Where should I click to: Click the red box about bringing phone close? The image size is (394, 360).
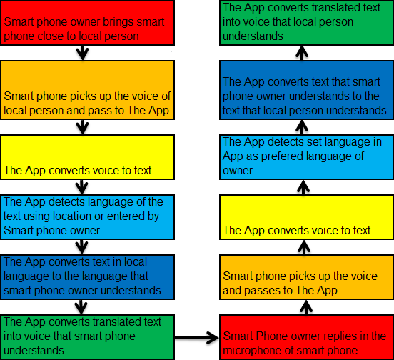coord(88,23)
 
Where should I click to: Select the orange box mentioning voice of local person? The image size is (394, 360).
coord(88,90)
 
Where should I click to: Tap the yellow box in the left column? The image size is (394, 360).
coord(88,157)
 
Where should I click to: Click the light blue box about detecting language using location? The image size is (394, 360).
coord(88,217)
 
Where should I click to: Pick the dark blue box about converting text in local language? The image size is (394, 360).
coord(88,277)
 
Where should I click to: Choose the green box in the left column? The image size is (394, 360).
coord(88,337)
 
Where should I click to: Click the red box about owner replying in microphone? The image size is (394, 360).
coord(306,337)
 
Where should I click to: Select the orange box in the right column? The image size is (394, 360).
coord(306,277)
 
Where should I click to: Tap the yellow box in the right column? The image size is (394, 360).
coord(306,217)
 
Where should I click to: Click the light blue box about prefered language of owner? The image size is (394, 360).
coord(306,157)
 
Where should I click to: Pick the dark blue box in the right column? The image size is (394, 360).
coord(306,90)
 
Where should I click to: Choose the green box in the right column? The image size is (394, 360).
coord(306,23)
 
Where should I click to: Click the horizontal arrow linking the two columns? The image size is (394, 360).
coord(197,338)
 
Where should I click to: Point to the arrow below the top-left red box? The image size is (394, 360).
coord(82,53)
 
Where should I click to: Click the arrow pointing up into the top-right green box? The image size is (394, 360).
coord(302,53)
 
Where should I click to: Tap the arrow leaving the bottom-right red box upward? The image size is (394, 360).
coord(306,307)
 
